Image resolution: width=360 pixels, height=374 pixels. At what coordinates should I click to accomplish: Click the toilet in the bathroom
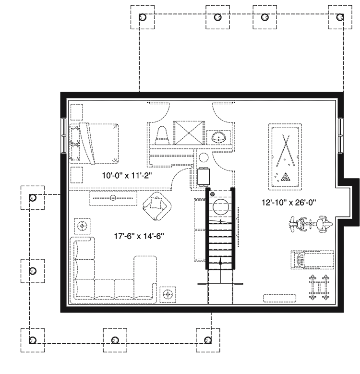coord(162,134)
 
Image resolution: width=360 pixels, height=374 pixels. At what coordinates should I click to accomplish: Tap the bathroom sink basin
coord(219,137)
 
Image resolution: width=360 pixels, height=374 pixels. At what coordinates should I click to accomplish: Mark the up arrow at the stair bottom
coord(220,262)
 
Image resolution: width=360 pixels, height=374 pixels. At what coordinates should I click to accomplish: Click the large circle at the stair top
coord(221,207)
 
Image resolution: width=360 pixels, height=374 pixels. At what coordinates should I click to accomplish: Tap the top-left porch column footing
coord(142,17)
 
